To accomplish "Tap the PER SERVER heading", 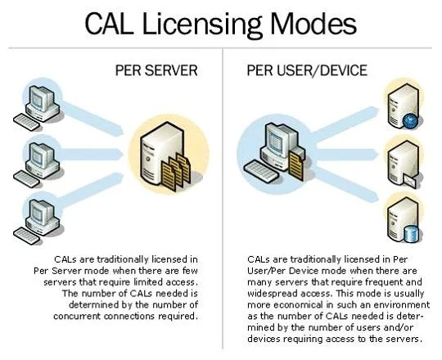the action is [x=156, y=70].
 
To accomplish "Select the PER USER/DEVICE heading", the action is [x=307, y=70].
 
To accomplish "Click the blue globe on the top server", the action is [x=410, y=121].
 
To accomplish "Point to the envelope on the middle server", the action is [x=409, y=181].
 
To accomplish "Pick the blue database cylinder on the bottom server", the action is [x=412, y=234].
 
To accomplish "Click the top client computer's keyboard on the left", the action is [x=27, y=122].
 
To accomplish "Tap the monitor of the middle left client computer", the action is [x=40, y=155].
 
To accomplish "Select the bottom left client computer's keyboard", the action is [x=27, y=236].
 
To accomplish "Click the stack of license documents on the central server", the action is [x=176, y=172].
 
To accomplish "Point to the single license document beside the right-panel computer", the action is [x=296, y=165].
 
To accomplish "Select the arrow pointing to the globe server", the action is [x=346, y=123].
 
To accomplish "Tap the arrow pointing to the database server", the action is [x=346, y=185].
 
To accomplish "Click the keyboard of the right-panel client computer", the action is [x=261, y=171].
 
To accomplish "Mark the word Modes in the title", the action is [x=313, y=25].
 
